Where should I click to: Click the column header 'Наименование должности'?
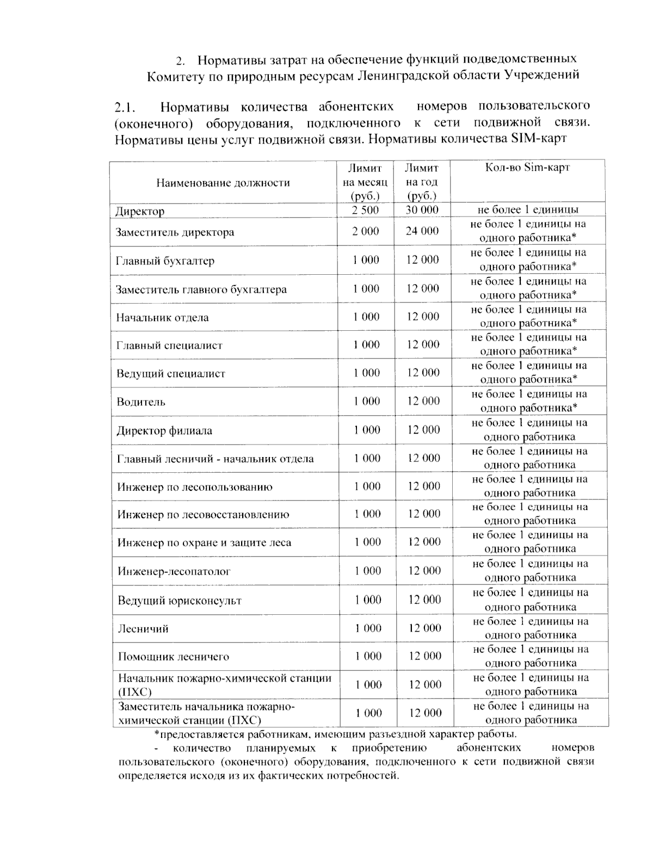pos(223,183)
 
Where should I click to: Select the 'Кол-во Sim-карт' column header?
pos(527,168)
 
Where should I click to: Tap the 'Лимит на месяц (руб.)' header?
pos(365,182)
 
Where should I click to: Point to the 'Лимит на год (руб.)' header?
pos(422,182)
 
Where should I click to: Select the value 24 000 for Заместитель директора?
pos(422,231)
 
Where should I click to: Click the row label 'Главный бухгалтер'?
pos(165,261)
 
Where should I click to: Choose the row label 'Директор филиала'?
pos(164,431)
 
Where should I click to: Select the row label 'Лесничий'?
pos(143,629)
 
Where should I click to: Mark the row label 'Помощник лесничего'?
pos(174,657)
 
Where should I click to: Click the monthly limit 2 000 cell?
pos(365,231)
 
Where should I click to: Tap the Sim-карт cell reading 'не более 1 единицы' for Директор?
pos(528,210)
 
